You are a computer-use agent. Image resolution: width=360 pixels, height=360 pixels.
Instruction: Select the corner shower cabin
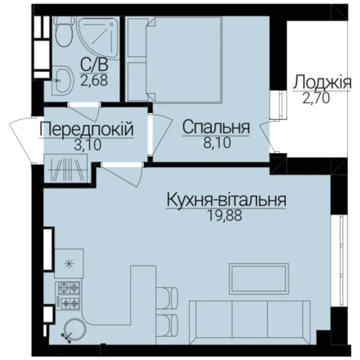(100, 38)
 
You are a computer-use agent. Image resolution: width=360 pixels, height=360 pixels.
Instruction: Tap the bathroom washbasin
(62, 80)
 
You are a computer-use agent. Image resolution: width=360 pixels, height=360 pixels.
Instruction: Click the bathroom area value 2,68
(94, 80)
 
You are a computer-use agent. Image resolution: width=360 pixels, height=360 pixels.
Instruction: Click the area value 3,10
(88, 145)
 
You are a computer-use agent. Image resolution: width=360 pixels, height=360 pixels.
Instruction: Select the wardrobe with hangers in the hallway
(66, 169)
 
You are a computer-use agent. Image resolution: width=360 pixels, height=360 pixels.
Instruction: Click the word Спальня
(216, 128)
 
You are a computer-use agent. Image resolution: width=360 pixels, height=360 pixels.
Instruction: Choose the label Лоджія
(322, 83)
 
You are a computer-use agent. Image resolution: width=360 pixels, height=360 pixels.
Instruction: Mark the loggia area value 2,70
(316, 98)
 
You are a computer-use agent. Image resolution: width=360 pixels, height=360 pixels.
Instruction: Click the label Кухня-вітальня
(226, 200)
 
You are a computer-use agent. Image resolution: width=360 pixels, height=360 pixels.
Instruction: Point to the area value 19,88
(224, 215)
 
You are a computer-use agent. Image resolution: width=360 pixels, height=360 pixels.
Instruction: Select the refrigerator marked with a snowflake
(69, 263)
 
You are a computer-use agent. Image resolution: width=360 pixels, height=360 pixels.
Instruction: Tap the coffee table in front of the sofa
(259, 278)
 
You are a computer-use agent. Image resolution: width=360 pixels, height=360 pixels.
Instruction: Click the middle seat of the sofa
(250, 318)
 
